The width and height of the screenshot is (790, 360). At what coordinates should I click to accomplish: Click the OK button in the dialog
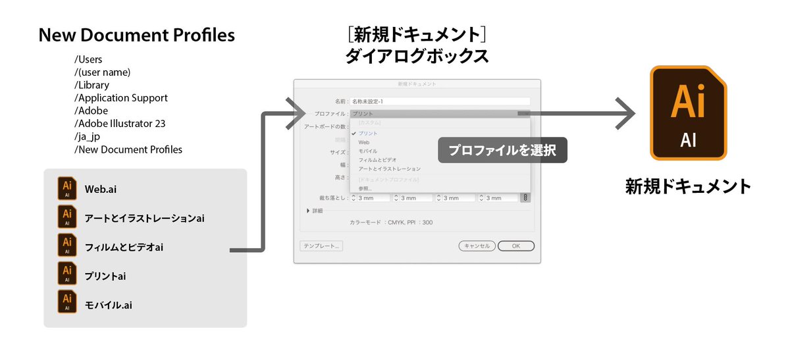515,246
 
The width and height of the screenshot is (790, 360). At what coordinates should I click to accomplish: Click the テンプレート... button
321,246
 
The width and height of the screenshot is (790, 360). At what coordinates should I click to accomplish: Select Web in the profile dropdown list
364,142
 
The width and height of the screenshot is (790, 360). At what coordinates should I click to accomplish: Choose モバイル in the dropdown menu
368,151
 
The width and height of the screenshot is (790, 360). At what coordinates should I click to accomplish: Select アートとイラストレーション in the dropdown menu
389,169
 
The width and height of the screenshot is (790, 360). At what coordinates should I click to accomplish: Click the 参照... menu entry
365,189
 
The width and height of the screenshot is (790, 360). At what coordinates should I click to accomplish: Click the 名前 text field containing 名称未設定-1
440,102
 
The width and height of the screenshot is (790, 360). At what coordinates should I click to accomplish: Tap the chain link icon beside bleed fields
525,197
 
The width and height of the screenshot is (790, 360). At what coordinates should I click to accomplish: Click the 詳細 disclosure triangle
308,211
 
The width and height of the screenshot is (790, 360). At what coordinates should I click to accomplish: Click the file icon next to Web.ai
66,189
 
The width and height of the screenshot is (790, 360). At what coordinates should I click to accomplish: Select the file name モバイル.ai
109,305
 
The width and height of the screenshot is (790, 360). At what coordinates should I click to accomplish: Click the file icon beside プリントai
66,276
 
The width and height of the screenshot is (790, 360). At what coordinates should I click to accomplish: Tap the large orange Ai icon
688,113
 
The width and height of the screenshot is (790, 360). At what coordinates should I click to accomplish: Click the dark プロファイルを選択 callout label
502,151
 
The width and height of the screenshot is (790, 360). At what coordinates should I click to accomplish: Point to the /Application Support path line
121,98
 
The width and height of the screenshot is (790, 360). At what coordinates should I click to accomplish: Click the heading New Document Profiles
137,36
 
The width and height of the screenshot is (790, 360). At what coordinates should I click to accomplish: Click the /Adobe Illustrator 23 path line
120,124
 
